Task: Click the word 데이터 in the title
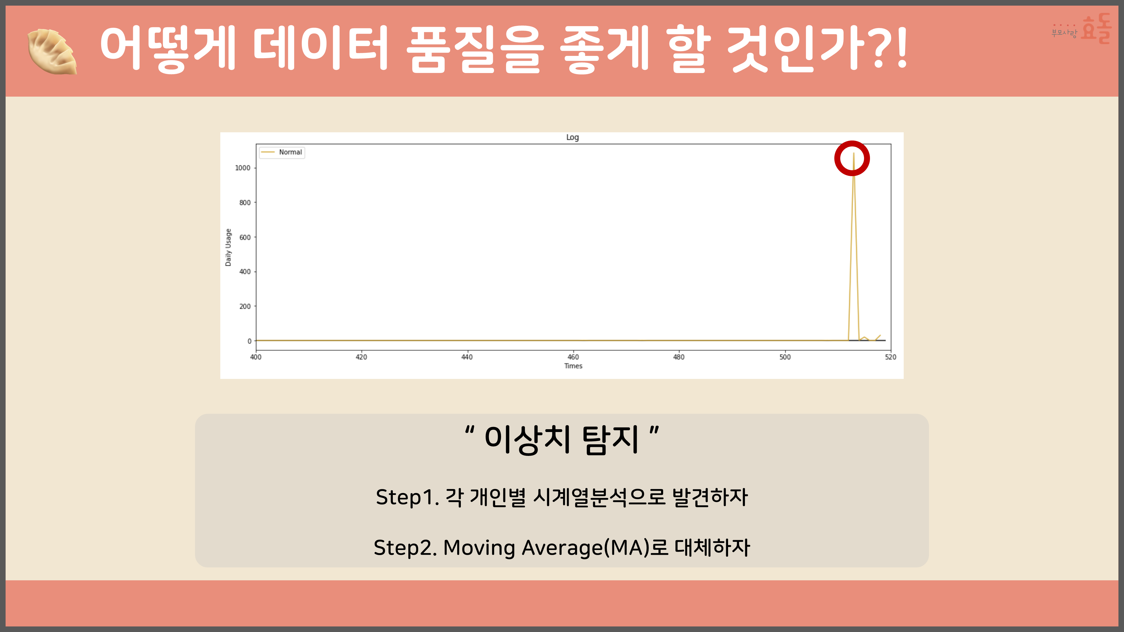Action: (321, 48)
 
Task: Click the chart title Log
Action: (572, 137)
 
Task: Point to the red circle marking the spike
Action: (852, 158)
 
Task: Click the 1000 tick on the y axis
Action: (243, 168)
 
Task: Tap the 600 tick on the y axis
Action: (245, 237)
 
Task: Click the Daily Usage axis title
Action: (228, 247)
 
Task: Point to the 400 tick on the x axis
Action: (256, 357)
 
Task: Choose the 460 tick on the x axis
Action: (573, 357)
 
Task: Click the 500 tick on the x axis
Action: (785, 357)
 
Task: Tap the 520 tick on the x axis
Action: (890, 357)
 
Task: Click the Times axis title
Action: (573, 366)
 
